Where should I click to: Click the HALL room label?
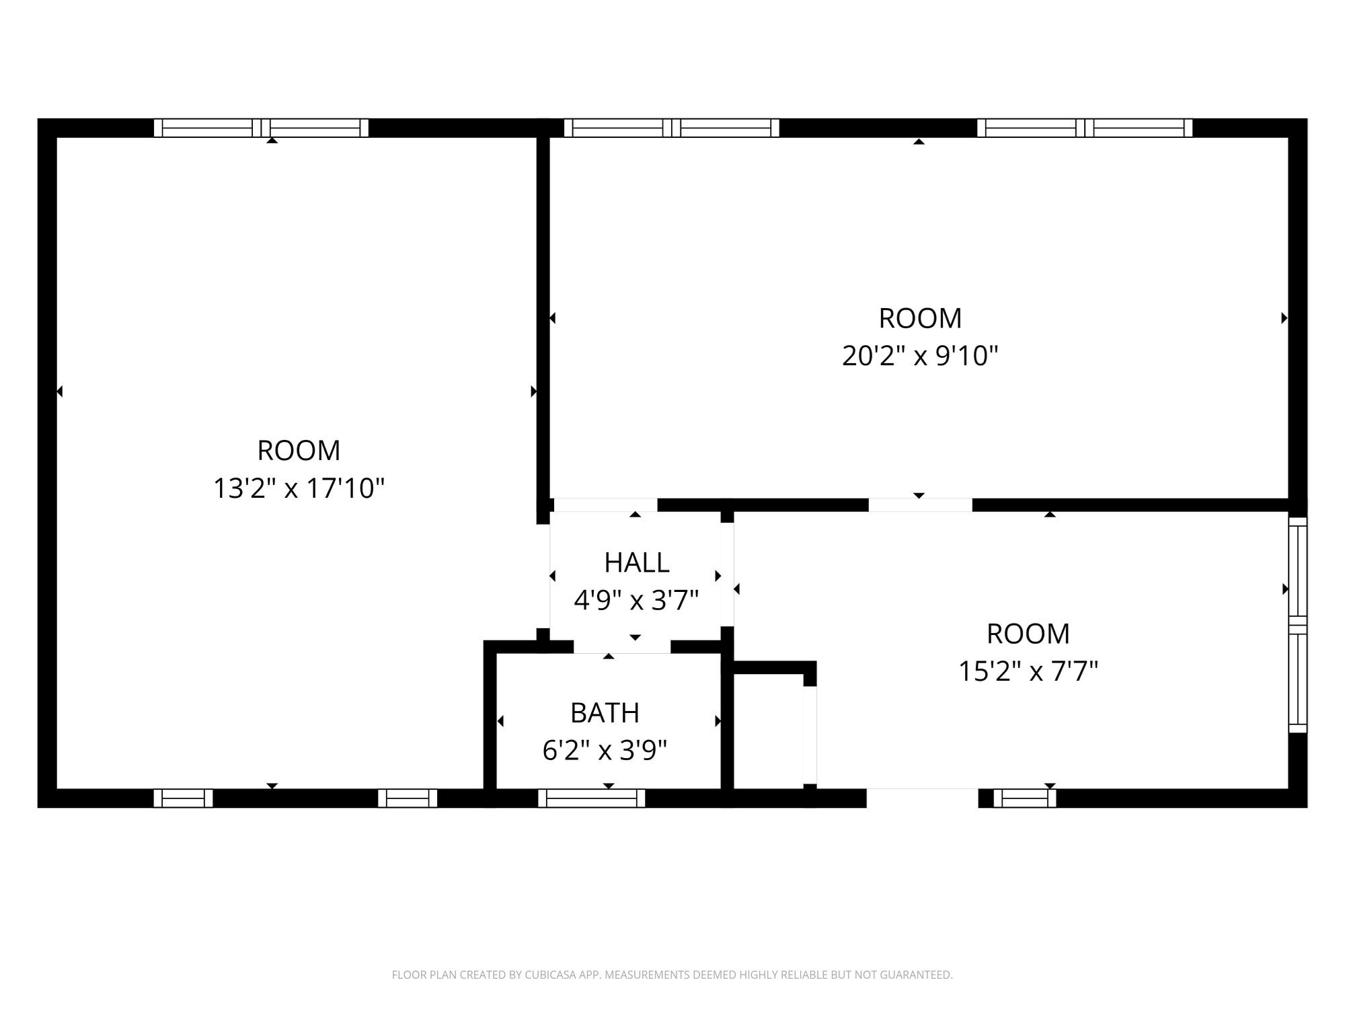636,562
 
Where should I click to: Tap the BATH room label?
605,713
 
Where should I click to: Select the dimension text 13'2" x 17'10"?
299,488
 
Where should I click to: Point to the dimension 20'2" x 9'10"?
919,355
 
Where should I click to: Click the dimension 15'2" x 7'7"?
1028,671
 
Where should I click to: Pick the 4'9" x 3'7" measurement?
636,600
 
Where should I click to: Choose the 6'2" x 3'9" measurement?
605,750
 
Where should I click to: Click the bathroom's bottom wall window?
592,798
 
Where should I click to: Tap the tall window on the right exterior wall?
1297,625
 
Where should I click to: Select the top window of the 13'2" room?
261,128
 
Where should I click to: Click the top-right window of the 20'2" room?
1084,128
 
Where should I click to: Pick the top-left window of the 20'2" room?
671,128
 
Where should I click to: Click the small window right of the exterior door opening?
1024,798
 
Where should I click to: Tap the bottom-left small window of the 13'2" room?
183,798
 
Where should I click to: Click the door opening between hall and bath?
622,646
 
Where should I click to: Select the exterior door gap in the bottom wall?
921,798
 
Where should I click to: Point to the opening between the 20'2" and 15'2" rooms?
919,505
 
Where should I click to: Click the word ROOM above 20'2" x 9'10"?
919,318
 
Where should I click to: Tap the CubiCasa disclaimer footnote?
672,975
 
